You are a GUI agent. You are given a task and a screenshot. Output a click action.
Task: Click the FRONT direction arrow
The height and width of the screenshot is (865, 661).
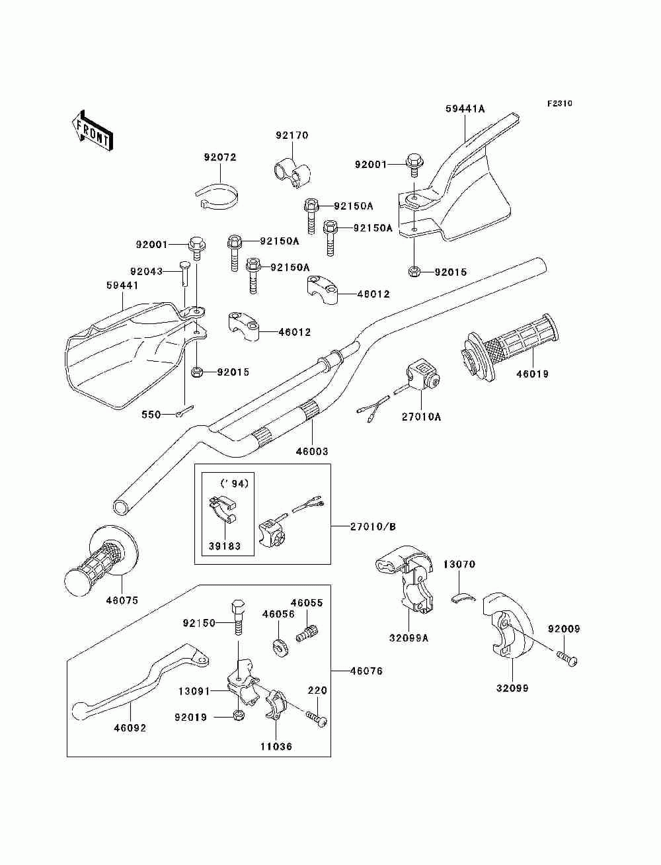point(92,130)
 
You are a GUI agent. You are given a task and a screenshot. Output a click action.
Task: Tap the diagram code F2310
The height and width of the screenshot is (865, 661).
point(559,104)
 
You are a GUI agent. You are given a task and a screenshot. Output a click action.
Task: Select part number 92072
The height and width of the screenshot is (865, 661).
point(220,157)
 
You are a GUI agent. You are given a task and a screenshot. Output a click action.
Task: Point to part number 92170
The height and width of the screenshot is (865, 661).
point(292,135)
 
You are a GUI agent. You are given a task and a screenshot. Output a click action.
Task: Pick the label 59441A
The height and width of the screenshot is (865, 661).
point(465,108)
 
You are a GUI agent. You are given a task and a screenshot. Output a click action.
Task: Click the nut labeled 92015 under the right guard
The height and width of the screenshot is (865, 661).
point(413,271)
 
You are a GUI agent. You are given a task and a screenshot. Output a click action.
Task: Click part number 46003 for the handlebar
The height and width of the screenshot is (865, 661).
point(312,451)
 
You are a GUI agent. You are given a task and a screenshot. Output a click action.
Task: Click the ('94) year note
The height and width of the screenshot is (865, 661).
point(235,483)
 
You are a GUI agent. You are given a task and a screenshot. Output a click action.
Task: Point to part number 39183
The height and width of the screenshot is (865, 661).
point(225,546)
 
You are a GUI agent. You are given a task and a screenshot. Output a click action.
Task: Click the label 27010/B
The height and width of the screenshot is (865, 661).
point(373,526)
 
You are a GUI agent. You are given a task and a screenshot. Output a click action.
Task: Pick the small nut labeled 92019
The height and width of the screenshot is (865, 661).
point(237,716)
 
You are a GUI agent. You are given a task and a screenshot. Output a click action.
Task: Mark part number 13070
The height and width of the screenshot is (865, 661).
point(459,564)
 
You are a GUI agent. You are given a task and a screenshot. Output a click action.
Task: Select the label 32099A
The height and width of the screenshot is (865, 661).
point(408,638)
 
